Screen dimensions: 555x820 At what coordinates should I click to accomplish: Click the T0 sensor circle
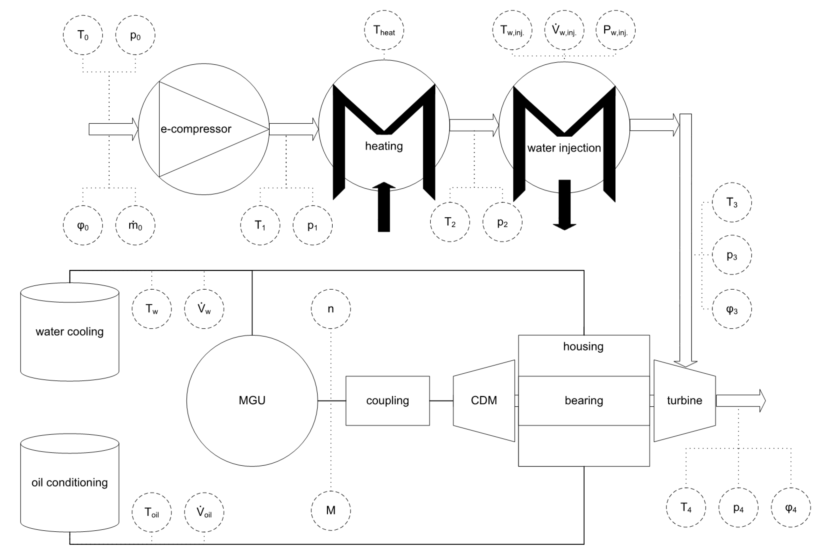(83, 35)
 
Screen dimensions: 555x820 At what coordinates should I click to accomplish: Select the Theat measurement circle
(384, 30)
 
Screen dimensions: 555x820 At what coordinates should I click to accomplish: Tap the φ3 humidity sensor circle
(732, 309)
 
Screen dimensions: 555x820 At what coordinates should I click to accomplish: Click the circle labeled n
(331, 309)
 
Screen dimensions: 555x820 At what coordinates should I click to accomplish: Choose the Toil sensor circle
(152, 512)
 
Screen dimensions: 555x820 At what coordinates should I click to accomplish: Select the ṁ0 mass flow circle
(135, 225)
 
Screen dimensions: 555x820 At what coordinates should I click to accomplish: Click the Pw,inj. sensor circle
(615, 30)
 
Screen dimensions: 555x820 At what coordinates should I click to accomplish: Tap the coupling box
(387, 400)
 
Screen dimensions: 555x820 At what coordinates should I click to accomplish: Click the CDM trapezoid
(484, 400)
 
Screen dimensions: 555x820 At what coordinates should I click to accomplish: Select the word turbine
(684, 400)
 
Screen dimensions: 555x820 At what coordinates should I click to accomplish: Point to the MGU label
(252, 400)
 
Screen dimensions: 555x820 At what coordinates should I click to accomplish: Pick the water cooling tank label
(69, 332)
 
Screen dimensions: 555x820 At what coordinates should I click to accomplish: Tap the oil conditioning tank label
(69, 482)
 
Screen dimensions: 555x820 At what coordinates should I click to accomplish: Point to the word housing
(583, 346)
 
